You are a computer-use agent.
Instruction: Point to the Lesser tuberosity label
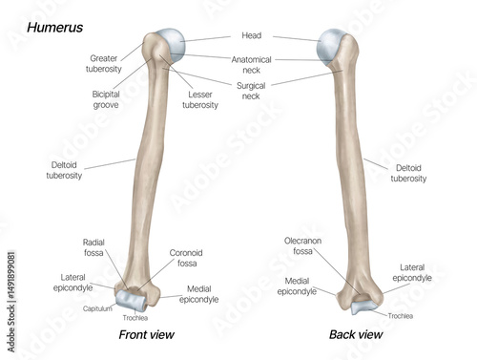point(200,98)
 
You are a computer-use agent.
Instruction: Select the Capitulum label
point(97,309)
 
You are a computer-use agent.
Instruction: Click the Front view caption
point(146,335)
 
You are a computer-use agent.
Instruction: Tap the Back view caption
point(356,335)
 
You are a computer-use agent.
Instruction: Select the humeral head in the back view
point(335,43)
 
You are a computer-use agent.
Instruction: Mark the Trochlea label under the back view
point(401,315)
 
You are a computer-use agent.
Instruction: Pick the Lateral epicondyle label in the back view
point(412,273)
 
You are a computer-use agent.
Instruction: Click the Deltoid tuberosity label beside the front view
point(64,169)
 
